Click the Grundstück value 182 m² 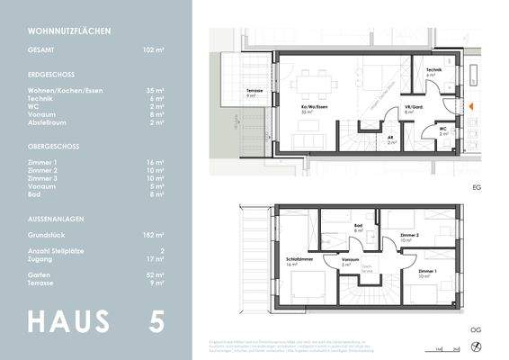tap(154, 234)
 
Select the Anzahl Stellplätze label tap(60, 251)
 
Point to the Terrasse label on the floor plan tap(254, 93)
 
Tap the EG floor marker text tap(477, 187)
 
